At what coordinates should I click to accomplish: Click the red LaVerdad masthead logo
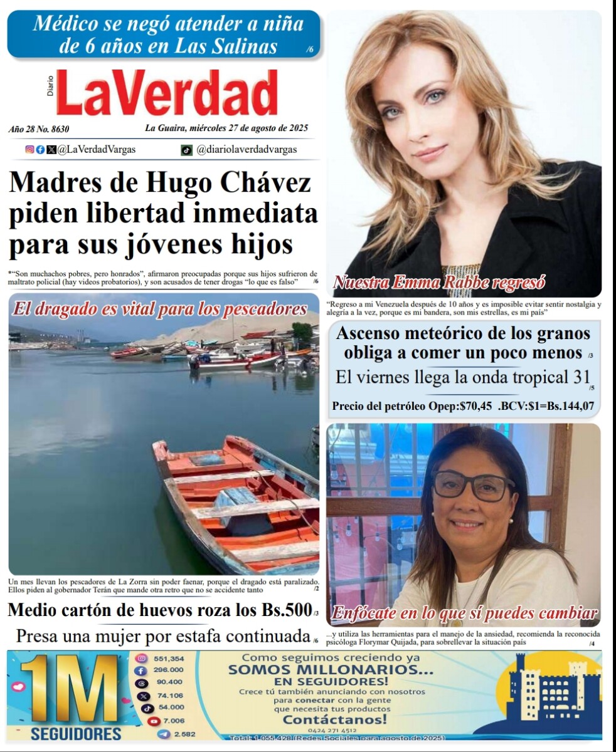coord(167,93)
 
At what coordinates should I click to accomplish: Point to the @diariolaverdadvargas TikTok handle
coord(247,150)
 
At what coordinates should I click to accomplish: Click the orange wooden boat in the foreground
coord(238,501)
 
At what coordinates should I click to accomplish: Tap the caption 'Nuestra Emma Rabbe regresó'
coord(439,283)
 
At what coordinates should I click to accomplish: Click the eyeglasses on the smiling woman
coord(474,486)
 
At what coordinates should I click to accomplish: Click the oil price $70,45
coord(475,406)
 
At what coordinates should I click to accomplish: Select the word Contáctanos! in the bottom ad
coord(334,720)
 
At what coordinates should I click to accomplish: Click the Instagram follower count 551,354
coord(169,659)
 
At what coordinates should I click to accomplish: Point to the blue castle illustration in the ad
coord(546,689)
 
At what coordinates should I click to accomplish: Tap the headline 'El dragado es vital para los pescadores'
coord(161,309)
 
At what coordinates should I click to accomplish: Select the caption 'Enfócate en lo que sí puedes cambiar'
coord(464,613)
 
